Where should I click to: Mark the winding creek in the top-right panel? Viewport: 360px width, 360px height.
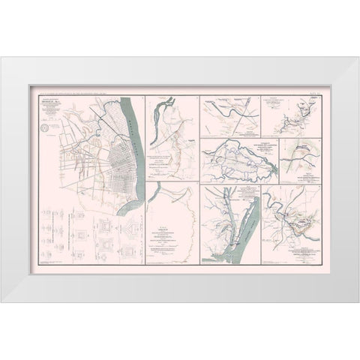coord(296,112)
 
